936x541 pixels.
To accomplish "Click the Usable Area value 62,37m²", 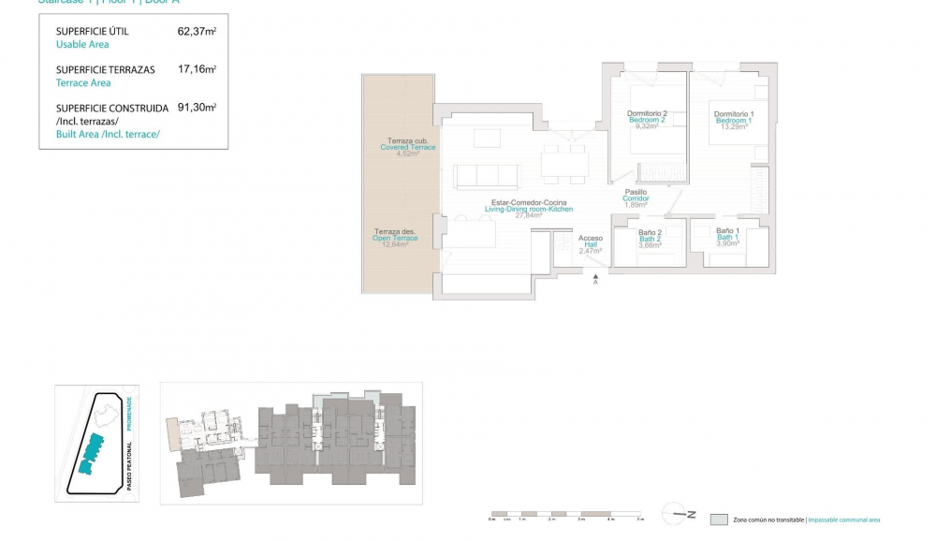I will (x=197, y=31).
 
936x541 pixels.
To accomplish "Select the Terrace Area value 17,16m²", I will (x=197, y=69).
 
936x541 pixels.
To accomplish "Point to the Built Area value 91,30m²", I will (x=197, y=108).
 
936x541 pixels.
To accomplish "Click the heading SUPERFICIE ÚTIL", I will (x=93, y=32).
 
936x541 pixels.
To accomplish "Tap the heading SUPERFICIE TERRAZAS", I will (x=105, y=70).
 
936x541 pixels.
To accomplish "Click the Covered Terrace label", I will (x=407, y=147).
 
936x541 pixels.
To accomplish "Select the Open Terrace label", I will (x=395, y=238).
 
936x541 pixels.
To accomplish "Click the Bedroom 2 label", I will (x=646, y=120).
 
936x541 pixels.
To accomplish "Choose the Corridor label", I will (x=636, y=198).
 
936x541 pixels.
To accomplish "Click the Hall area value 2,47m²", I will (x=590, y=251).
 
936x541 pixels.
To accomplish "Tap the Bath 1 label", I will (x=727, y=237).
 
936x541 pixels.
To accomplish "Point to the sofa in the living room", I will (x=486, y=176).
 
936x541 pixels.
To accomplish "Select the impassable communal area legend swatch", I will (x=718, y=519).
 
